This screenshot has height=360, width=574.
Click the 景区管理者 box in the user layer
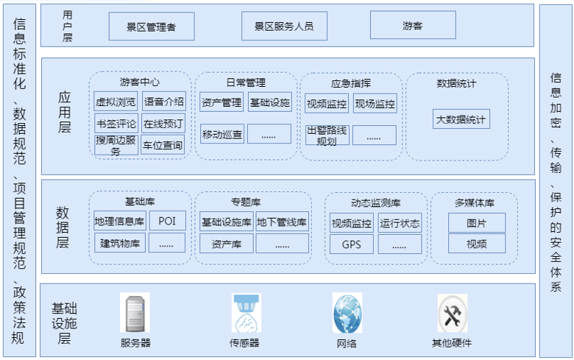pos(152,27)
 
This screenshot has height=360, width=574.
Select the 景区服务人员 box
pos(284,27)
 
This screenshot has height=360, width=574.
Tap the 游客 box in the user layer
pos(412,26)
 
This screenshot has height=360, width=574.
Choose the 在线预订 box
pos(163,124)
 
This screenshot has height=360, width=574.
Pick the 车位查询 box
pos(163,146)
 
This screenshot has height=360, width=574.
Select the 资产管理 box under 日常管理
pos(222,102)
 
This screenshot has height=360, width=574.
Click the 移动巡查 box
pos(222,134)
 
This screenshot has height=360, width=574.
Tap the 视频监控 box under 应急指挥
pos(327,103)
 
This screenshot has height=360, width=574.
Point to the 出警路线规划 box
pos(327,135)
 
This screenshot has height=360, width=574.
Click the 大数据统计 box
pos(461,119)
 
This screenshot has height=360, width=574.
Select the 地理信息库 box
pos(119,222)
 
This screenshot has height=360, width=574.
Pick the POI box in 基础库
pos(167,222)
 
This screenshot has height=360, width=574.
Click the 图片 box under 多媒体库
pos(476,222)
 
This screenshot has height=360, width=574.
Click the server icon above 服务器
pos(135,313)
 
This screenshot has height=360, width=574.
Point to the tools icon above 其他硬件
pos(452,313)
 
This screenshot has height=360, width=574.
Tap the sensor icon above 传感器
pos(247,313)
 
